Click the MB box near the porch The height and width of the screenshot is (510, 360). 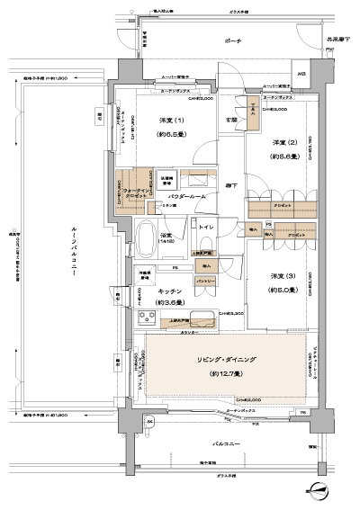coord(301,75)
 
